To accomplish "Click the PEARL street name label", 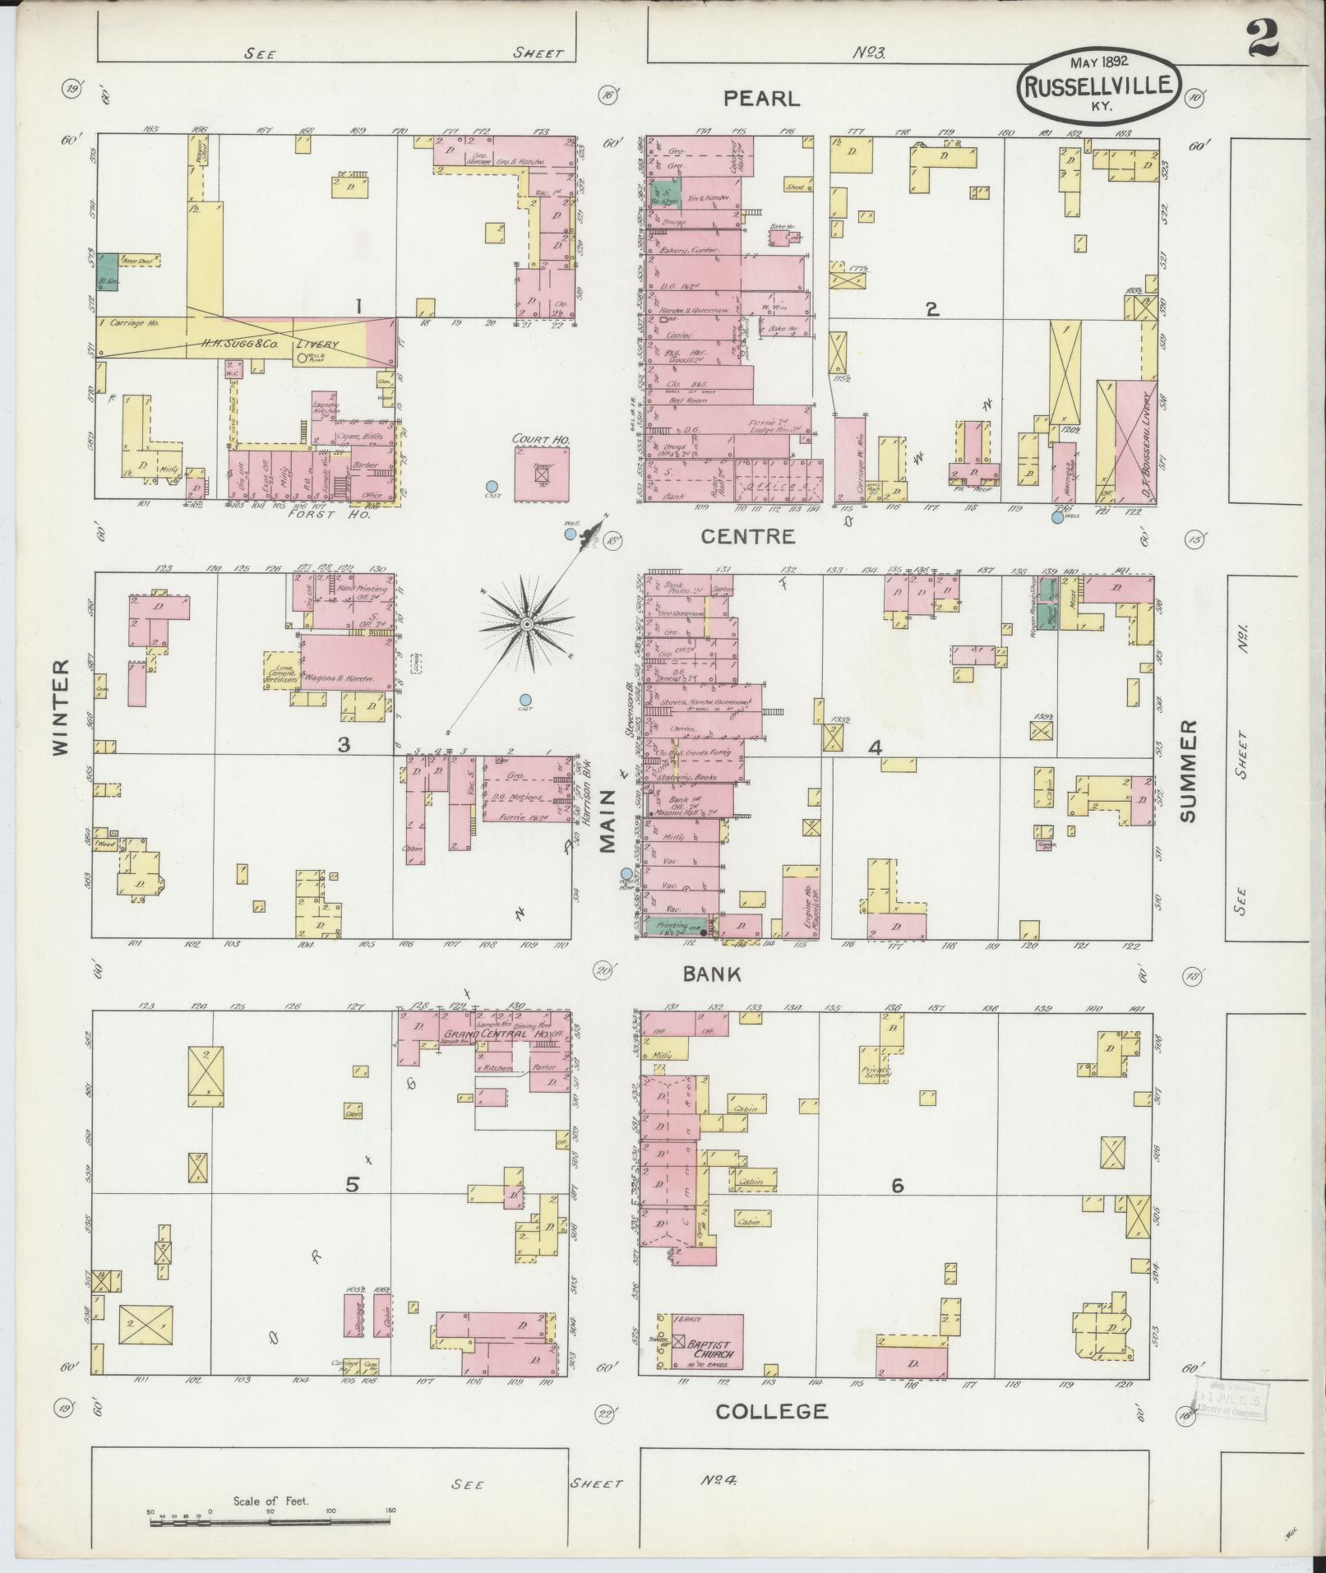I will click(x=760, y=99).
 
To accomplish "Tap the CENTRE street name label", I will click(x=747, y=537).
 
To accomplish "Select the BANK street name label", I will click(x=713, y=974).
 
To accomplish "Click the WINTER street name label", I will click(x=61, y=706).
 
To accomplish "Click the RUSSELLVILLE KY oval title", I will click(x=1099, y=85).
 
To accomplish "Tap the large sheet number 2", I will click(x=1264, y=39).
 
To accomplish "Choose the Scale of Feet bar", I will click(x=270, y=1522).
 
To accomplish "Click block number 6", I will click(x=897, y=1186).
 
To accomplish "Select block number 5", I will click(x=352, y=1185).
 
